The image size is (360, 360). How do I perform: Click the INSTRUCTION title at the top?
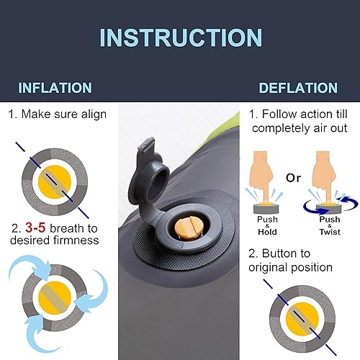coord(180,37)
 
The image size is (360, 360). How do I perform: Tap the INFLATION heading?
coord(55,89)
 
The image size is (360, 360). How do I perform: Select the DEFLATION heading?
coord(297,89)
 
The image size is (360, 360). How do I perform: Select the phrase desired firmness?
coord(54,240)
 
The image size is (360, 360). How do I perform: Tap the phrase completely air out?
coord(295,127)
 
